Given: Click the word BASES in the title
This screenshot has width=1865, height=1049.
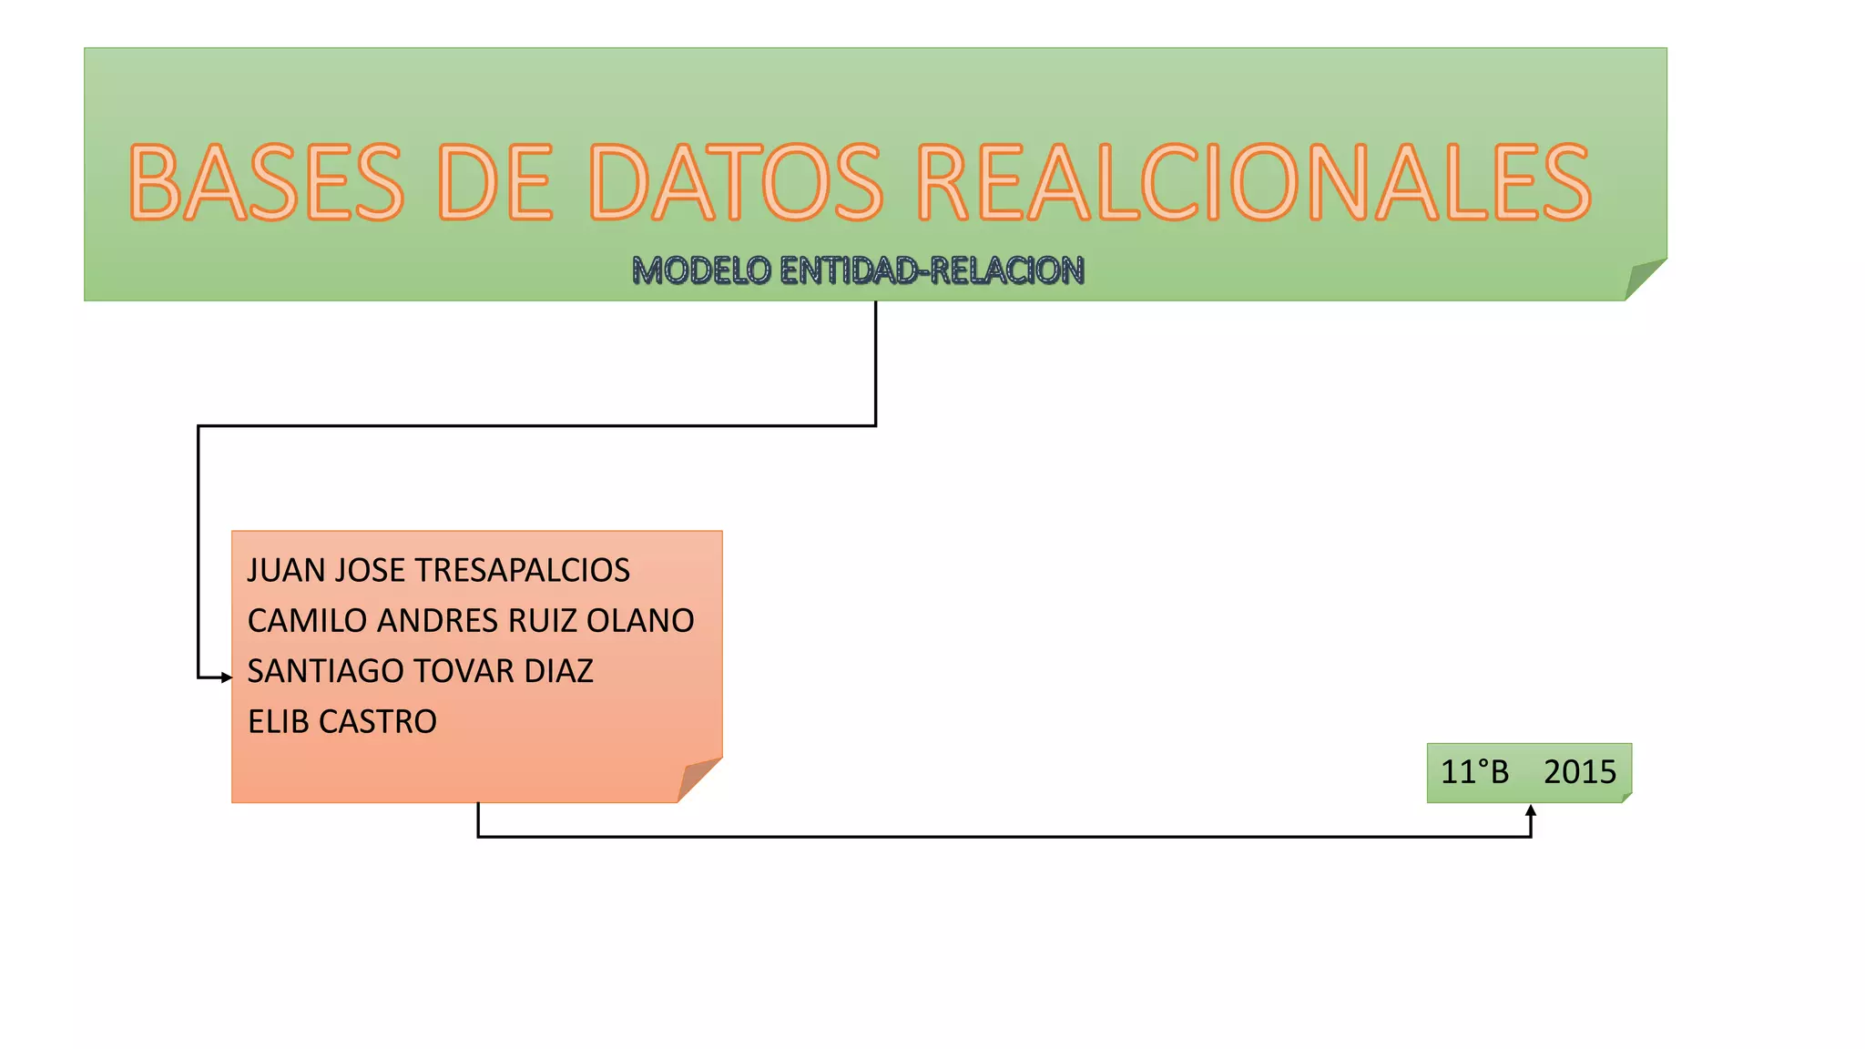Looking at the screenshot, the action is [x=266, y=183].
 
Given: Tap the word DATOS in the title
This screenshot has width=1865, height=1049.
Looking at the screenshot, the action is [x=737, y=183].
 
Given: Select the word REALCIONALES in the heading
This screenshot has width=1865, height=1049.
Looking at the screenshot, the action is [x=1254, y=183].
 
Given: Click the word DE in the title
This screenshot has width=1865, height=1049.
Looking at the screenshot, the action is [x=495, y=183].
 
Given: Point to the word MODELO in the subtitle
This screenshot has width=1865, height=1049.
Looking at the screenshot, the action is [x=701, y=270].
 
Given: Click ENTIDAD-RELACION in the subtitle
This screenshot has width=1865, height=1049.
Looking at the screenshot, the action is [x=932, y=270].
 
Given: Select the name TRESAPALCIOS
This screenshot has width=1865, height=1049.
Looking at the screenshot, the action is [x=522, y=571].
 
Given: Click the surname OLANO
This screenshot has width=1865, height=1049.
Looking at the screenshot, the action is [x=640, y=621].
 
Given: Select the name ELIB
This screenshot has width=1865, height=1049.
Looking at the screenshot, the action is [x=277, y=722].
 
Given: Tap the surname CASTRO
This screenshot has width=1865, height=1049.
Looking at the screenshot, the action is [x=377, y=722].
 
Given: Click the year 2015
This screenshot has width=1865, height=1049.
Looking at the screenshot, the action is [x=1579, y=772].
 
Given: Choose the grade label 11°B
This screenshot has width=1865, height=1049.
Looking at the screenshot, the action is [x=1474, y=772].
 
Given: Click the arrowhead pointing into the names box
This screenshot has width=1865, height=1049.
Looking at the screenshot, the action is [x=227, y=677].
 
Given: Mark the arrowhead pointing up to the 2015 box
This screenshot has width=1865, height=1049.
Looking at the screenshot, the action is [x=1531, y=810].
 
